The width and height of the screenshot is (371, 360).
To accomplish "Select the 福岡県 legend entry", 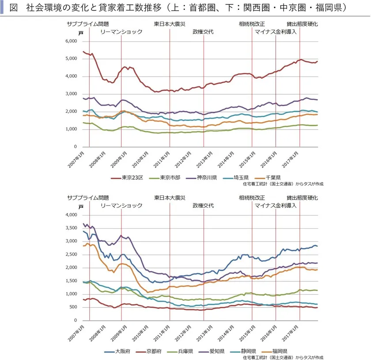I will coord(279,352).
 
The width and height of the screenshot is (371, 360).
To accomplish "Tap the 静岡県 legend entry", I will coord(248,352).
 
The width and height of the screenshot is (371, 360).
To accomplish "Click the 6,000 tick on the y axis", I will coord(71,41).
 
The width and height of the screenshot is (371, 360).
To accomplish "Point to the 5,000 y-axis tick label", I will coord(71,59).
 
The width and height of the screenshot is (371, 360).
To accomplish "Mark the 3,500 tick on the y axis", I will coord(71,228).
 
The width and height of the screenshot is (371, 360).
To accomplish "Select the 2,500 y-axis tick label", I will coord(71,255).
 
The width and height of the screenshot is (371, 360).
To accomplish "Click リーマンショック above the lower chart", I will coord(121,206).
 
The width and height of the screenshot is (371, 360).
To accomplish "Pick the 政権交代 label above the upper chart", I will coord(203,32).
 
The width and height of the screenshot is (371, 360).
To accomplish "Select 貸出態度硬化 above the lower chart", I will coord(302,198).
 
